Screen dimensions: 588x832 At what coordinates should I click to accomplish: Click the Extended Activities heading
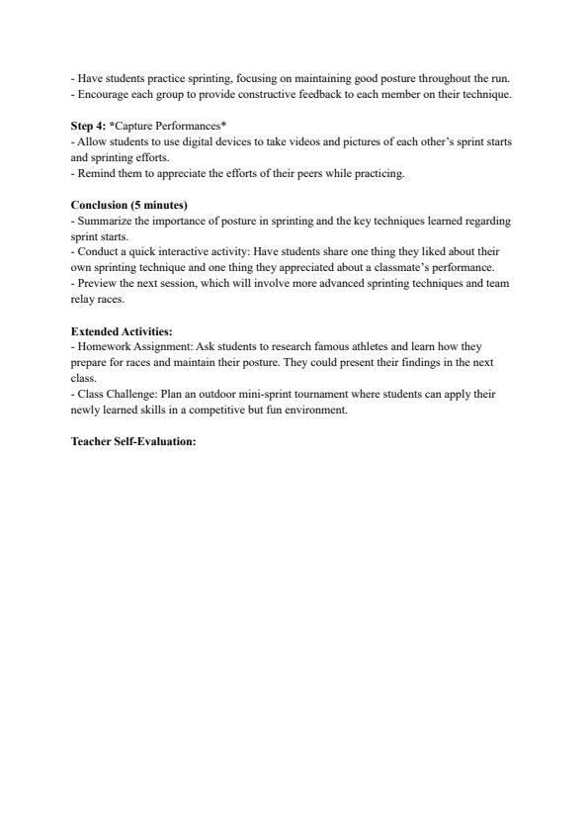(122, 331)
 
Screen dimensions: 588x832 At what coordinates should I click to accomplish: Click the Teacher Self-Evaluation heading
(133, 440)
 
